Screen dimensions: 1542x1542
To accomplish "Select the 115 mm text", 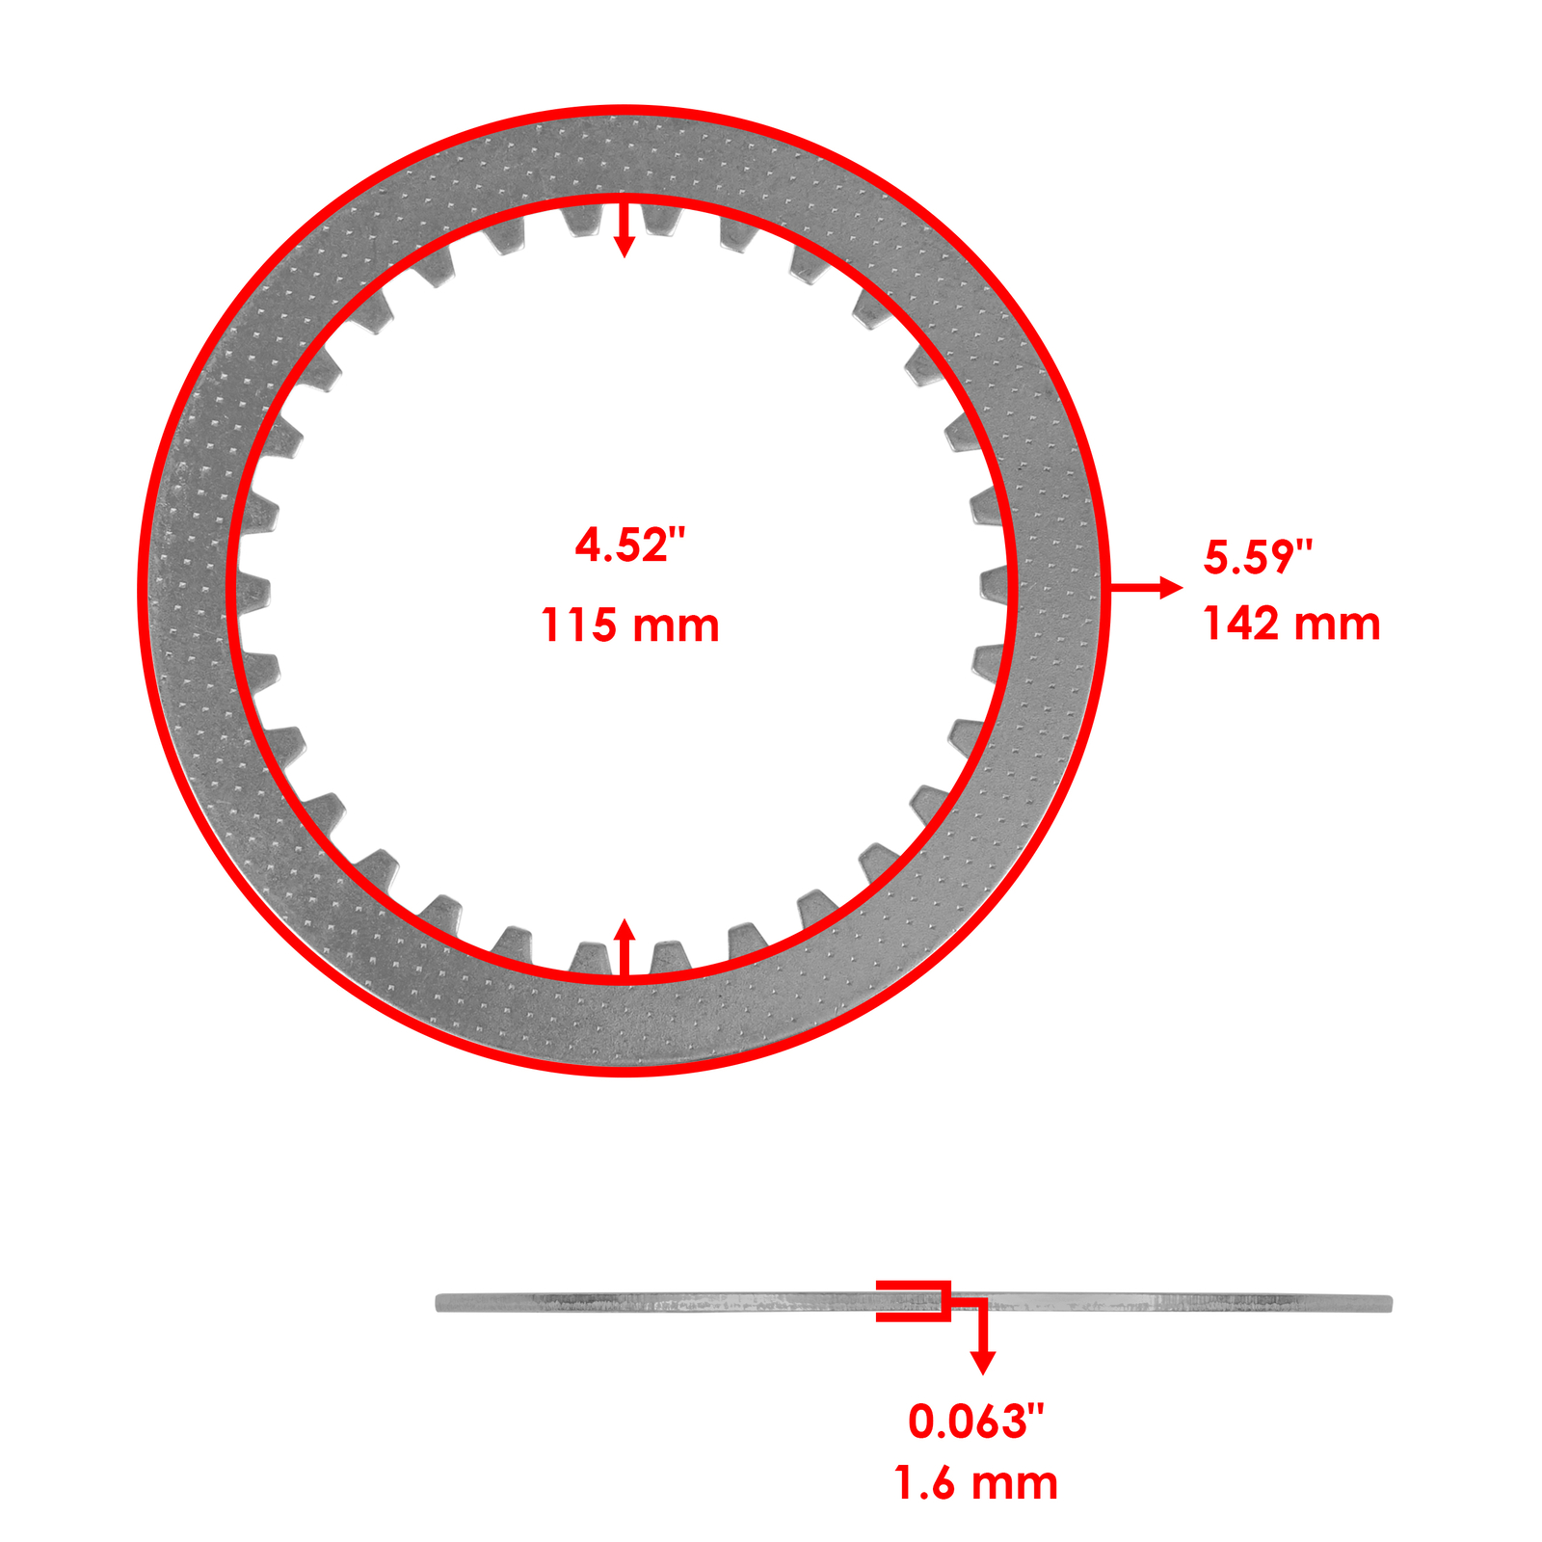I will coord(629,625).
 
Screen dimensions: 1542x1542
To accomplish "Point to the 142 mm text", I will coord(1290,624).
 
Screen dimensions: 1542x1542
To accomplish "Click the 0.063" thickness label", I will coord(975,1422).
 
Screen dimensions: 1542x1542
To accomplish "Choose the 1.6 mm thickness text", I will coord(975,1483).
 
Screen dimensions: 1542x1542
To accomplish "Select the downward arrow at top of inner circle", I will coord(625,231).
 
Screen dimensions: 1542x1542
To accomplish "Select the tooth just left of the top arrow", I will coord(582,220).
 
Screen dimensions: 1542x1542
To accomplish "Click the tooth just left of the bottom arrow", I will coord(589,959).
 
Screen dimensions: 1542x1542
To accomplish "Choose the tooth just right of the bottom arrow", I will coord(669,958).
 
